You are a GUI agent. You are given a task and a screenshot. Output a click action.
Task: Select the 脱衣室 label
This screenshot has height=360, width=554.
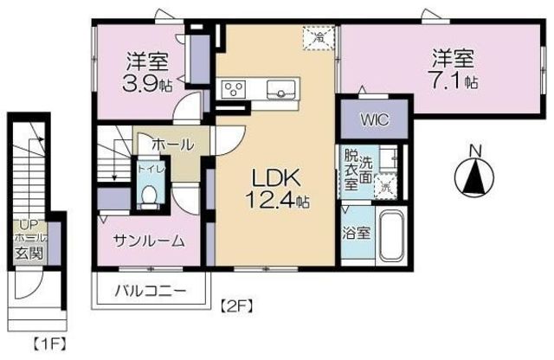tap(351, 170)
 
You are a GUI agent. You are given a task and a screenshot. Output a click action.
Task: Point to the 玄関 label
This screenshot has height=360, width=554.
tap(25, 252)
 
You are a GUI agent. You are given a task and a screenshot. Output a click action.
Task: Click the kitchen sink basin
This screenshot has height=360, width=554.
tap(280, 88)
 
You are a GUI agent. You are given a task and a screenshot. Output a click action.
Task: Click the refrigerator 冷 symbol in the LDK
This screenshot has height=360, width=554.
tap(319, 36)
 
